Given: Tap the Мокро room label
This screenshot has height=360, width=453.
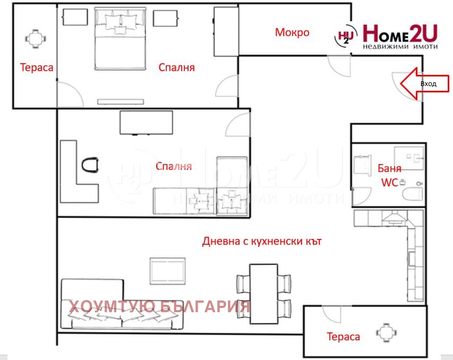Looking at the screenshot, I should (292, 32).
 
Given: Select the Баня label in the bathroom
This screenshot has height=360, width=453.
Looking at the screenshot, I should (389, 169).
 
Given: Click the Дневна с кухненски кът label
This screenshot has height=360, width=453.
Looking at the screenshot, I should (262, 242).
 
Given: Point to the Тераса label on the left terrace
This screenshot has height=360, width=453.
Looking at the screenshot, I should (37, 67).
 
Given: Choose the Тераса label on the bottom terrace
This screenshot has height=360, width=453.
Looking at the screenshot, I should (343, 337).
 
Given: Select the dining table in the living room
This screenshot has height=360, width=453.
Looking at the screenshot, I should (263, 293).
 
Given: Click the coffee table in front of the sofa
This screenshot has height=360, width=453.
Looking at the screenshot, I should (168, 271).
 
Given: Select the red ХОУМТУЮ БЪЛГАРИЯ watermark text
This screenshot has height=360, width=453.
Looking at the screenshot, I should (160, 306).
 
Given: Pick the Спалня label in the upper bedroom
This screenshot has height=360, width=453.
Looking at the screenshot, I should (177, 68).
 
